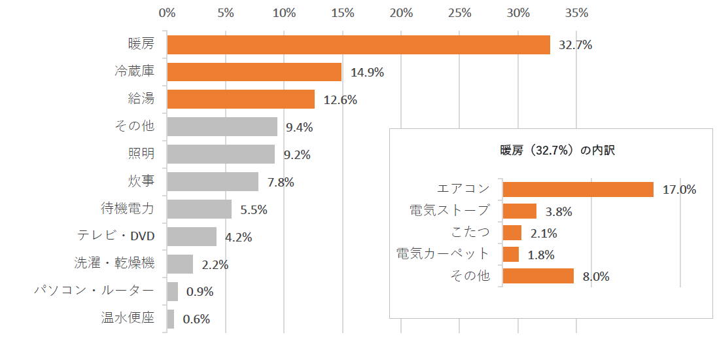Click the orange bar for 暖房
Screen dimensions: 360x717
point(358,45)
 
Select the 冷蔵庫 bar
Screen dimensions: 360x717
point(254,72)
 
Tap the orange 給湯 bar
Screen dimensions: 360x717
point(241,99)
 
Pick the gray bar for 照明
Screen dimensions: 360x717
point(221,154)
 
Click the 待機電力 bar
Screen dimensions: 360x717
point(200,209)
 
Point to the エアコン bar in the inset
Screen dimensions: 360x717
point(578,189)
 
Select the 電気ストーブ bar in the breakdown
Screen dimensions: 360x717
point(519,211)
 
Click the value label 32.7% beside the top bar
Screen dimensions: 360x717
point(576,45)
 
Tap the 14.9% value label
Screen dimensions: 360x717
point(367,73)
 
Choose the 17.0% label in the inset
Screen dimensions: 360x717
point(679,190)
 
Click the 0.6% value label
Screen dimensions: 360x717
point(196,319)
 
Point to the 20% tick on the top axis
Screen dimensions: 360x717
point(401,12)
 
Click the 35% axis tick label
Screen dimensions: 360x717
point(576,12)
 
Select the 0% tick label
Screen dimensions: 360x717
point(167,12)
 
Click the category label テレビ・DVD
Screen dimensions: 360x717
point(115,236)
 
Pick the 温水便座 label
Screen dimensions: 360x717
point(128,319)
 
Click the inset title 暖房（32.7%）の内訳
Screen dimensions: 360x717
point(553,150)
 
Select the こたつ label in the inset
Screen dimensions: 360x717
point(470,232)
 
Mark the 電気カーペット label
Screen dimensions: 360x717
point(443,254)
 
